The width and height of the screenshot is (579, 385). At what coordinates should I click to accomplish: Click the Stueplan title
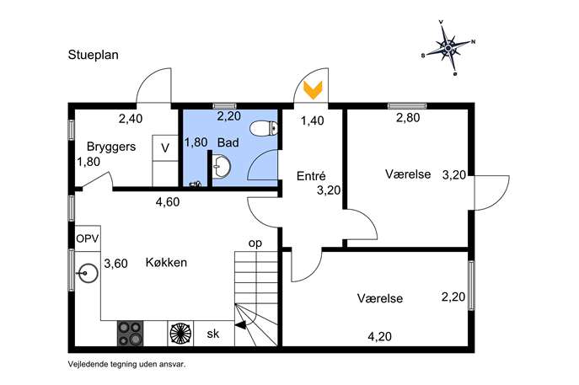(x=93, y=55)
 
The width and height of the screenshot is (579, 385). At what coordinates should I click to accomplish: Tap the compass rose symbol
(x=448, y=48)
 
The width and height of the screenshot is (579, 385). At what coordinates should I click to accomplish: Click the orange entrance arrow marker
(x=313, y=90)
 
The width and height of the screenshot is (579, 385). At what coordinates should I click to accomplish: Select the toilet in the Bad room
(x=264, y=129)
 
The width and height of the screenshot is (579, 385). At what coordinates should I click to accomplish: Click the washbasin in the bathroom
(x=221, y=167)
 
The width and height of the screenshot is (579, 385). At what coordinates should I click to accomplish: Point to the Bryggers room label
(x=111, y=147)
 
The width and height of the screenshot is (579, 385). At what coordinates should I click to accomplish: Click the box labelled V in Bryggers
(x=165, y=148)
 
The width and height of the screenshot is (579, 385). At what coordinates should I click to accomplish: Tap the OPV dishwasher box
(x=88, y=238)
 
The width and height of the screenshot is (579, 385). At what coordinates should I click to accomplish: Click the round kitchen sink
(x=88, y=273)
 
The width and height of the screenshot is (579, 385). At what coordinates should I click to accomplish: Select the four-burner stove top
(x=131, y=334)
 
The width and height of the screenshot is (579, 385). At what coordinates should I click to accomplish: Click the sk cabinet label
(x=213, y=334)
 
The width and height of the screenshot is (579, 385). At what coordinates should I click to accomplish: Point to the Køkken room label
(x=166, y=263)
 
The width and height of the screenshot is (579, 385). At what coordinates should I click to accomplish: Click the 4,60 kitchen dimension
(x=168, y=202)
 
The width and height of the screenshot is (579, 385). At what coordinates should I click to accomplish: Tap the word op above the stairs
(x=255, y=243)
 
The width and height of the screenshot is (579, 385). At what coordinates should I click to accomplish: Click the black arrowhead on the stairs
(x=240, y=325)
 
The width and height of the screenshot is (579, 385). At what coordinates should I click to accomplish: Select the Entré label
(x=311, y=176)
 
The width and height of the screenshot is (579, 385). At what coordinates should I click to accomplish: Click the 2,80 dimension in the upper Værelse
(x=408, y=118)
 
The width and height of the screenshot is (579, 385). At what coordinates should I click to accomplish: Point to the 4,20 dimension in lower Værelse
(x=379, y=336)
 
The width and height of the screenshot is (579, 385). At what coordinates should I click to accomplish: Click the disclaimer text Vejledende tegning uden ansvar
(x=126, y=364)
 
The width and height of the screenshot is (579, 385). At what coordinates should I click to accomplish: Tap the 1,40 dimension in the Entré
(x=313, y=120)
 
